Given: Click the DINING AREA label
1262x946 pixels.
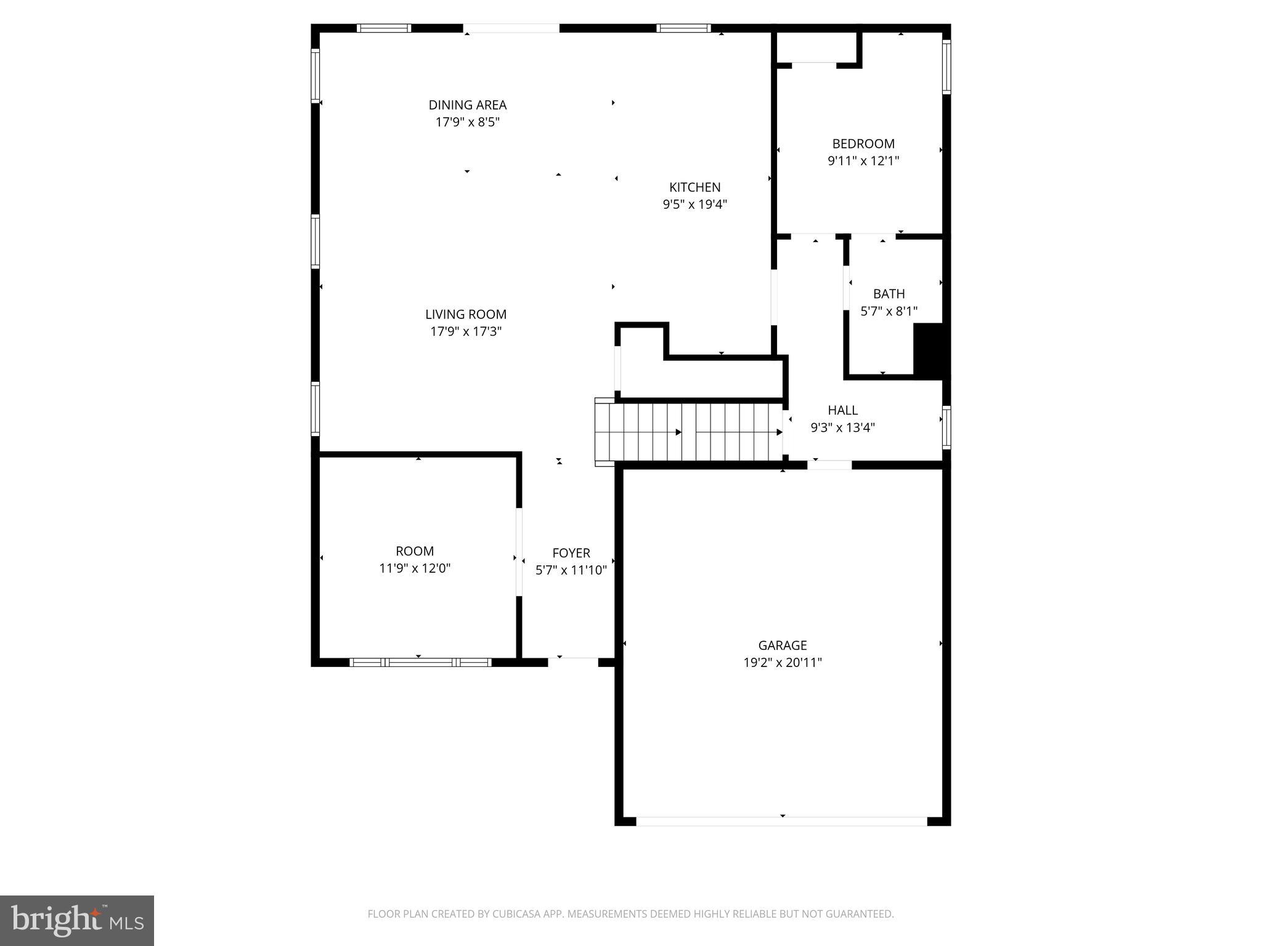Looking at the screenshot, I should click(467, 105).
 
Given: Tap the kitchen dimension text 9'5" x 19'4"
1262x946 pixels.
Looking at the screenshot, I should click(694, 204).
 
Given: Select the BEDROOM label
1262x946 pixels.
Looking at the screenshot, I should click(863, 144).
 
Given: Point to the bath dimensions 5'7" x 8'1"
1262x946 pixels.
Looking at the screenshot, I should click(889, 312).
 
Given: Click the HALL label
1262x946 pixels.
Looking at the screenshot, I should click(842, 410).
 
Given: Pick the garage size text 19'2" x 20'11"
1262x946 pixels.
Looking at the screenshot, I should click(782, 663).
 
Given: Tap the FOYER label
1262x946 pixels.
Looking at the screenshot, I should click(571, 553).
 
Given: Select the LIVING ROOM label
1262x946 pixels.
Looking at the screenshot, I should click(465, 314).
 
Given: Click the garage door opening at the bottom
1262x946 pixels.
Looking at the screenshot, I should click(781, 821).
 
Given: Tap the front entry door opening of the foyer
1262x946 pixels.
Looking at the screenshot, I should click(573, 662).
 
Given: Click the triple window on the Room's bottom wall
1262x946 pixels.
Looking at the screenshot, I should click(420, 663).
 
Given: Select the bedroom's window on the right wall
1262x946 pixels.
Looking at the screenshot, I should click(946, 67).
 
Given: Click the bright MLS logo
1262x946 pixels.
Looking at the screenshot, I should click(76, 920).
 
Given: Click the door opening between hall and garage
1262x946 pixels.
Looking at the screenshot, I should click(829, 465).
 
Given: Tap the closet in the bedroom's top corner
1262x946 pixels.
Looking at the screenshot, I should click(816, 48).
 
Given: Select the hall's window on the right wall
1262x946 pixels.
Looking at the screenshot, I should click(946, 427).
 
